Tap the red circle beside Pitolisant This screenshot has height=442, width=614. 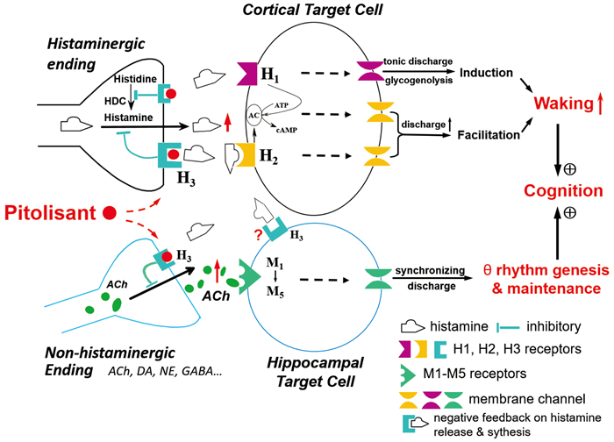110,212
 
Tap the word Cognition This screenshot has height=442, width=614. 560,190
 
